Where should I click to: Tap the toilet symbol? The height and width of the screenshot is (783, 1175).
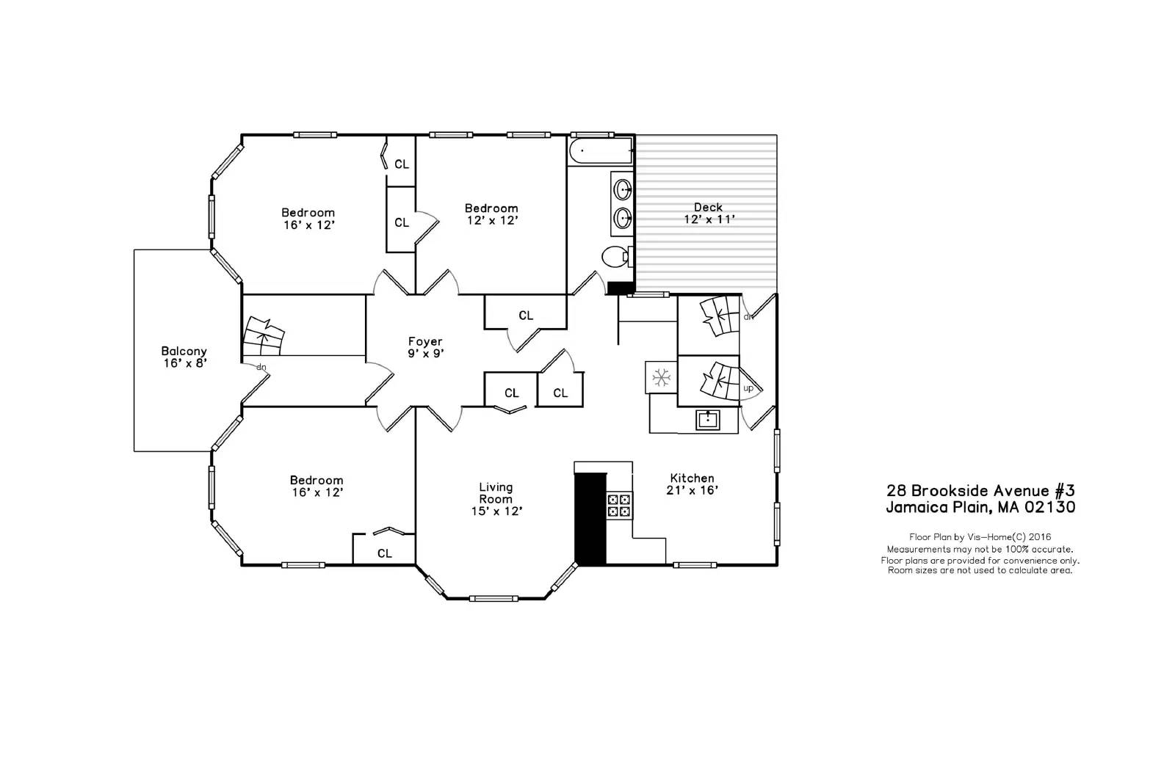coord(615,258)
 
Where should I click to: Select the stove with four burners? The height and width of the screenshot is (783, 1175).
coord(618,506)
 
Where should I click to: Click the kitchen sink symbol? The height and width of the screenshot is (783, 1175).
coord(707,420)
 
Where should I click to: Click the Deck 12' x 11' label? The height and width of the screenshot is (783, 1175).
coord(708,213)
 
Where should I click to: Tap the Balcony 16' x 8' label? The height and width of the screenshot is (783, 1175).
coord(184,357)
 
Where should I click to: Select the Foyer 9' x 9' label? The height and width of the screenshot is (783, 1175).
coord(425,347)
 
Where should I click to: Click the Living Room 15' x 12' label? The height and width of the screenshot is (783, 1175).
coord(496,498)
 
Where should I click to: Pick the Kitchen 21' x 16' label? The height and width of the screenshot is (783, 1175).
coord(691,484)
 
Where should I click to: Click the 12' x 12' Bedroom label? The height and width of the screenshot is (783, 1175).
coord(491,214)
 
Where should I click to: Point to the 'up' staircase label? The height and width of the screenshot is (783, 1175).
coord(748,388)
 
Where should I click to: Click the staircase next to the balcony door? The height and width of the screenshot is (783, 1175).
coord(264,337)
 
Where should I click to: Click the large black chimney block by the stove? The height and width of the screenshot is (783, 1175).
coord(590,518)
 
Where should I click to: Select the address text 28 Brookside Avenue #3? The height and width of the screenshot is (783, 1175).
coord(980,490)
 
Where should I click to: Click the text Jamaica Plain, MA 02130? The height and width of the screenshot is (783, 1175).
coord(980,507)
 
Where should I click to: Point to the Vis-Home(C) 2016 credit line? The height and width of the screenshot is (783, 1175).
coord(980,537)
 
